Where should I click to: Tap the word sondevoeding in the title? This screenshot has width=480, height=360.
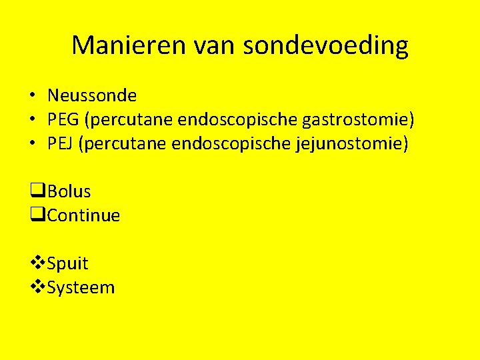coord(325,45)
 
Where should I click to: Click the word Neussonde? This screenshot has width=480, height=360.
coord(92,96)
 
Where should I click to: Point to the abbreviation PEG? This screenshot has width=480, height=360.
coord(61,120)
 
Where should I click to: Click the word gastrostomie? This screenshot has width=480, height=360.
coord(358,120)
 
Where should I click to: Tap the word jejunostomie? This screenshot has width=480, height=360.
coord(351,144)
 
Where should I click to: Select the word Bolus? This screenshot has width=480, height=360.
coord(69,191)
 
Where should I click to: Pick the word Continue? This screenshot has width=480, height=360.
coord(84,215)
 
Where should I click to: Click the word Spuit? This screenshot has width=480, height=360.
coord(68,263)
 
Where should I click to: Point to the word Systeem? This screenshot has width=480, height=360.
coord(81,287)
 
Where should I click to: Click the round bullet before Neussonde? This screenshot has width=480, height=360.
coord(32,96)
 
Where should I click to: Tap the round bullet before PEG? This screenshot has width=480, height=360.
coord(32,120)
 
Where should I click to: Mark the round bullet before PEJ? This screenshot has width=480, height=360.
coord(32,144)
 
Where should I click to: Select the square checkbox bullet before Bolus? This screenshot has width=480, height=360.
coord(37,191)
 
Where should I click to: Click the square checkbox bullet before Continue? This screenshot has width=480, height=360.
coord(37,215)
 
